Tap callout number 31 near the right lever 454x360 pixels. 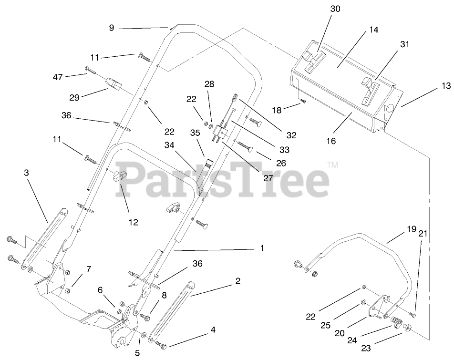(x=404, y=44)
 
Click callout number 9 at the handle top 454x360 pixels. (x=112, y=28)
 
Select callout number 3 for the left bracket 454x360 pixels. (x=26, y=173)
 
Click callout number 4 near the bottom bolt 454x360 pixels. (x=213, y=329)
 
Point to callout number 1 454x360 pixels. (x=261, y=248)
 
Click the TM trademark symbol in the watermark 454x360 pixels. (x=332, y=166)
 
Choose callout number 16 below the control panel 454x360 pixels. (x=331, y=141)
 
